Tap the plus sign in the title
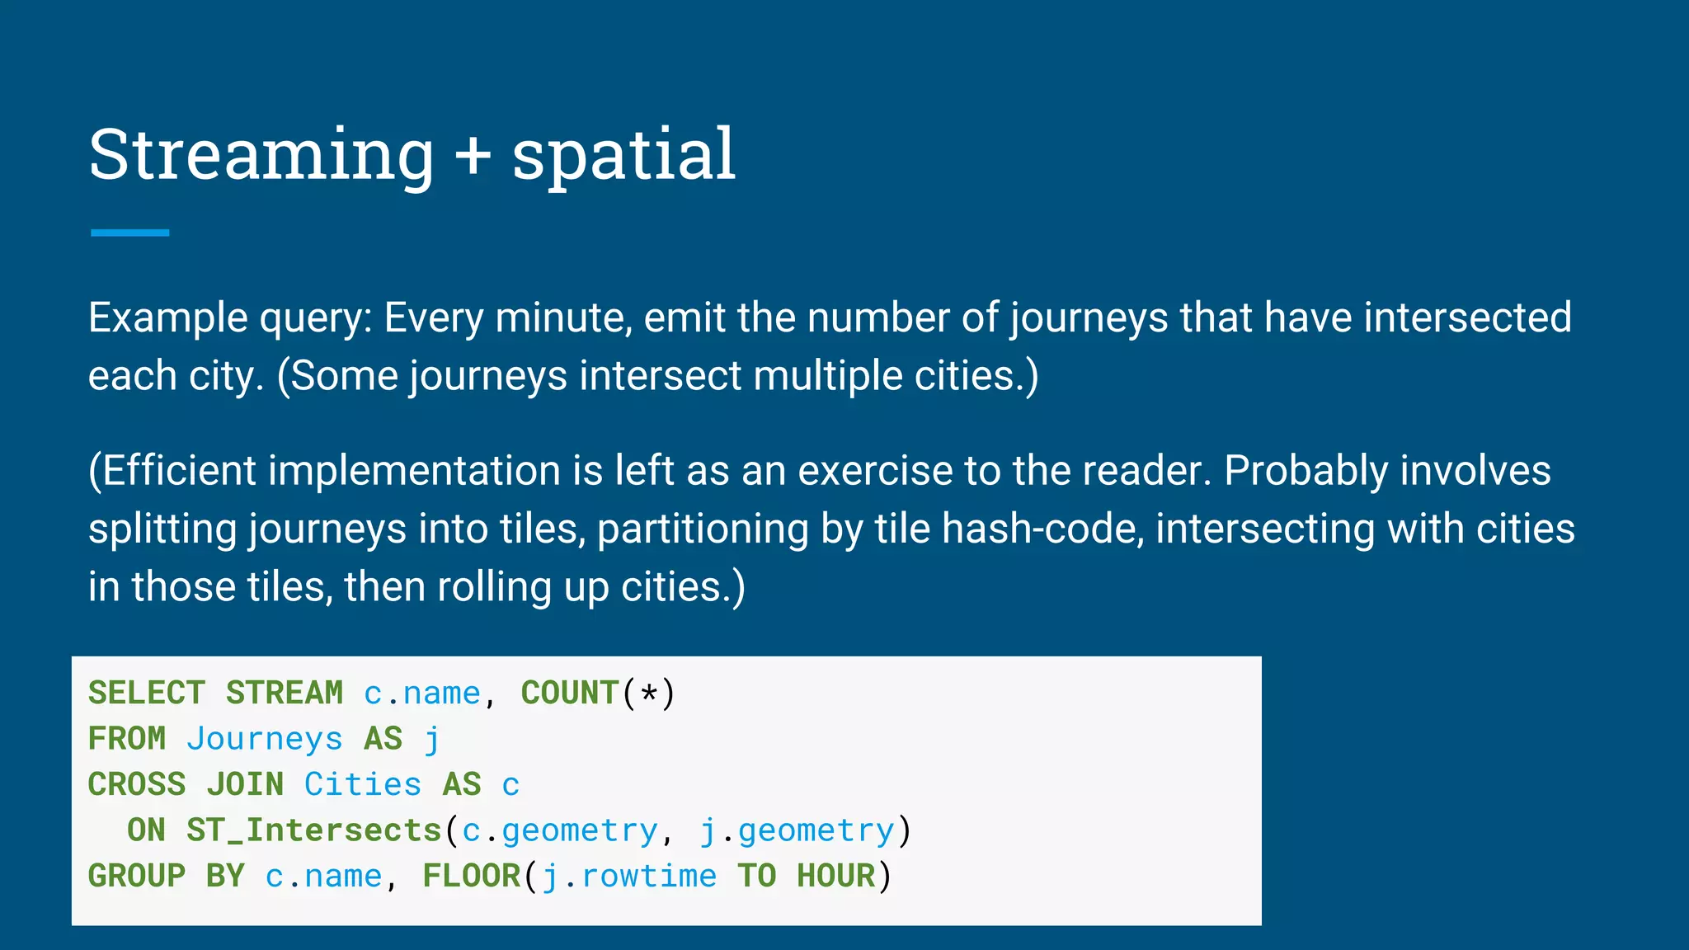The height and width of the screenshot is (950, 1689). (473, 155)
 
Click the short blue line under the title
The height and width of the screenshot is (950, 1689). (129, 233)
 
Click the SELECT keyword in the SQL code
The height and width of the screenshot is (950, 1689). (147, 693)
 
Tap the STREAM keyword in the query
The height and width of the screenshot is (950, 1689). (285, 693)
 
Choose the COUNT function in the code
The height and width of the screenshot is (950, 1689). (570, 693)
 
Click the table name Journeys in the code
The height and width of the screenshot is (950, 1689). (264, 739)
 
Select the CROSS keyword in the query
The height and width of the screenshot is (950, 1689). (137, 784)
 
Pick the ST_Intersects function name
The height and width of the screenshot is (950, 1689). (314, 830)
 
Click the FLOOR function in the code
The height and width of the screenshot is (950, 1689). (472, 876)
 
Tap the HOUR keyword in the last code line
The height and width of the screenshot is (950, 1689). (835, 876)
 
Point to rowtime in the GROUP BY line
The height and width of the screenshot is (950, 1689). (649, 876)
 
